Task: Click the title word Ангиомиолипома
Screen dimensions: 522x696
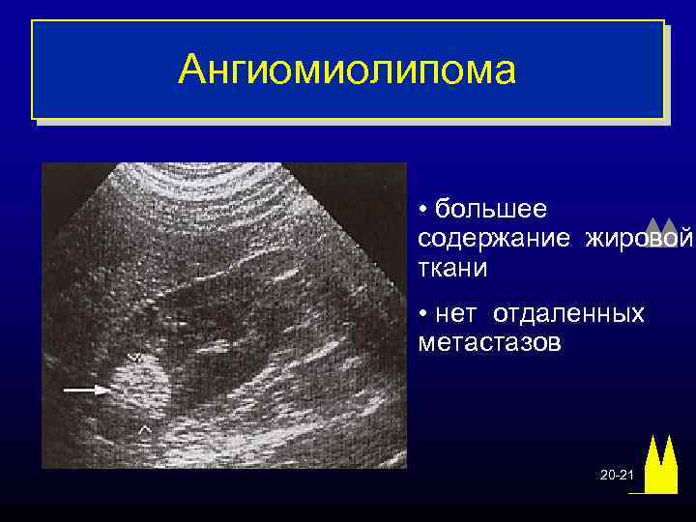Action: tap(348, 70)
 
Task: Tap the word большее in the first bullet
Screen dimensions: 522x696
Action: tap(490, 209)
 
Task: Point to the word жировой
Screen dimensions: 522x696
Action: tap(639, 238)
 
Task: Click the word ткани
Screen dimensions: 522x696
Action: tap(452, 267)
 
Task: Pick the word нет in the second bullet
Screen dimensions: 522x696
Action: tap(457, 314)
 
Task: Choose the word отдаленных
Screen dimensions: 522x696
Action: tap(568, 314)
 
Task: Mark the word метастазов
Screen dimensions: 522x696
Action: tap(489, 343)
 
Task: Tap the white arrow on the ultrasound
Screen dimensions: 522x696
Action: tap(86, 390)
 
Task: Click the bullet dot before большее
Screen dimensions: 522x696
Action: tap(424, 210)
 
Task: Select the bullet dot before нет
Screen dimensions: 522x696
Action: tap(424, 315)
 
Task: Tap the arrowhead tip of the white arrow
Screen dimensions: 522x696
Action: tap(106, 390)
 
